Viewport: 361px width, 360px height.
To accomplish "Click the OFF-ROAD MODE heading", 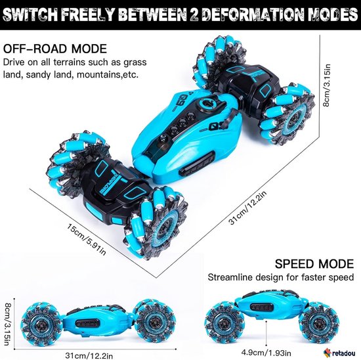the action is pyautogui.click(x=55, y=49).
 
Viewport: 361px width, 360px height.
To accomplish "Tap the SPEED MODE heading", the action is pyautogui.click(x=314, y=263).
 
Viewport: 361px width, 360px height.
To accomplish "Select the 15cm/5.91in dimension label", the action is pyautogui.click(x=87, y=240).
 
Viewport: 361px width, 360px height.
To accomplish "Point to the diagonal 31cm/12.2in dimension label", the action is pyautogui.click(x=247, y=207).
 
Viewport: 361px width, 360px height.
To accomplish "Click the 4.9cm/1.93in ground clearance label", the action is pyautogui.click(x=266, y=353).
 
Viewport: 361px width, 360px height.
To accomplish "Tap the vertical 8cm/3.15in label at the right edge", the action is pyautogui.click(x=327, y=85).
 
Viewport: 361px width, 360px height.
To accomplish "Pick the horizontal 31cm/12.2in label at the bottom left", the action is pyautogui.click(x=89, y=355).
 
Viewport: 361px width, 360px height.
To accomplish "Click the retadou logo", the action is pyautogui.click(x=339, y=353).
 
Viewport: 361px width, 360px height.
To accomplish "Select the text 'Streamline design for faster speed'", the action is pyautogui.click(x=281, y=277).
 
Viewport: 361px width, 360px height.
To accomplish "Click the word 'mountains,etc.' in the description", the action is pyautogui.click(x=108, y=75).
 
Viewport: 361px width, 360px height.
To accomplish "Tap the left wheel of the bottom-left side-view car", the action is pyautogui.click(x=41, y=323).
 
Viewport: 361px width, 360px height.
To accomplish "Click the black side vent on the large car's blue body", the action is pyautogui.click(x=198, y=163).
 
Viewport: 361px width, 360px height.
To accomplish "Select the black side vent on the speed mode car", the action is pyautogui.click(x=261, y=307).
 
